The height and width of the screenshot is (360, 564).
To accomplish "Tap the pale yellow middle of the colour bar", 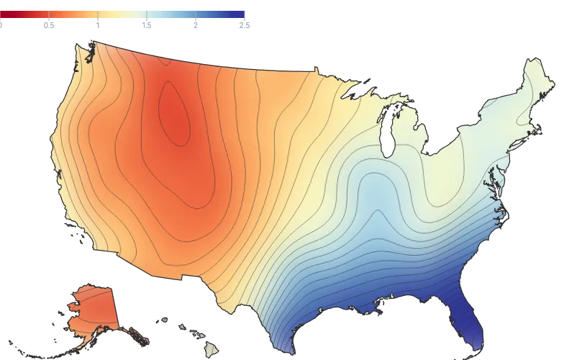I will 124,14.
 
